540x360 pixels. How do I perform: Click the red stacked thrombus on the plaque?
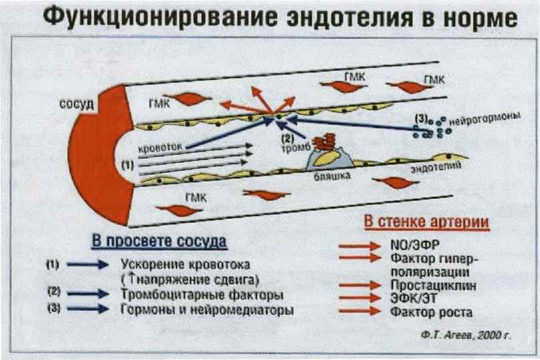coord(325,142)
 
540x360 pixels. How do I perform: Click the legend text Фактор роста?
coord(422,312)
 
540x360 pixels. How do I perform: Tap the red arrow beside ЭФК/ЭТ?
coord(359,298)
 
